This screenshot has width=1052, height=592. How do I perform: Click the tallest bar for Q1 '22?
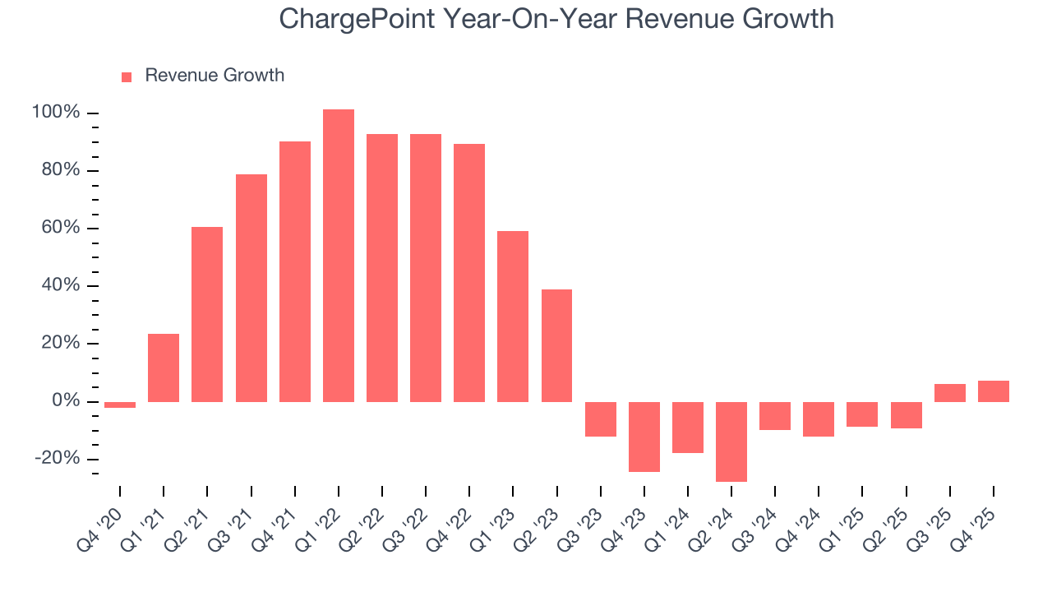pyautogui.click(x=338, y=256)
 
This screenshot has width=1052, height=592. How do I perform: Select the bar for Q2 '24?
pyautogui.click(x=731, y=442)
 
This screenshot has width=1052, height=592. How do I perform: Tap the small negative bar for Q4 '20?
pyautogui.click(x=120, y=405)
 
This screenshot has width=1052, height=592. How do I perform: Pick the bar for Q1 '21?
pyautogui.click(x=164, y=368)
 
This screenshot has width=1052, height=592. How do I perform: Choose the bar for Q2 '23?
pyautogui.click(x=556, y=345)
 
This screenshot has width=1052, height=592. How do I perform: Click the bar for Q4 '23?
pyautogui.click(x=644, y=437)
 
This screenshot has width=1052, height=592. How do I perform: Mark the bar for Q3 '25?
pyautogui.click(x=950, y=393)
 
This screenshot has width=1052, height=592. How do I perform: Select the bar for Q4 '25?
pyautogui.click(x=994, y=391)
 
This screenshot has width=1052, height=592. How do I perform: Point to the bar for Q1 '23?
pyautogui.click(x=513, y=317)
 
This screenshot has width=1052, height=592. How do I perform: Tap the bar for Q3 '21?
pyautogui.click(x=251, y=288)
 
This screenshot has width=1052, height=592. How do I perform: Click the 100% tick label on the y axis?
pyautogui.click(x=56, y=113)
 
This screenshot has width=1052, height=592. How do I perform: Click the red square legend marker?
pyautogui.click(x=127, y=76)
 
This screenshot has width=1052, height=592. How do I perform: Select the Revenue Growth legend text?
pyautogui.click(x=215, y=76)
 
